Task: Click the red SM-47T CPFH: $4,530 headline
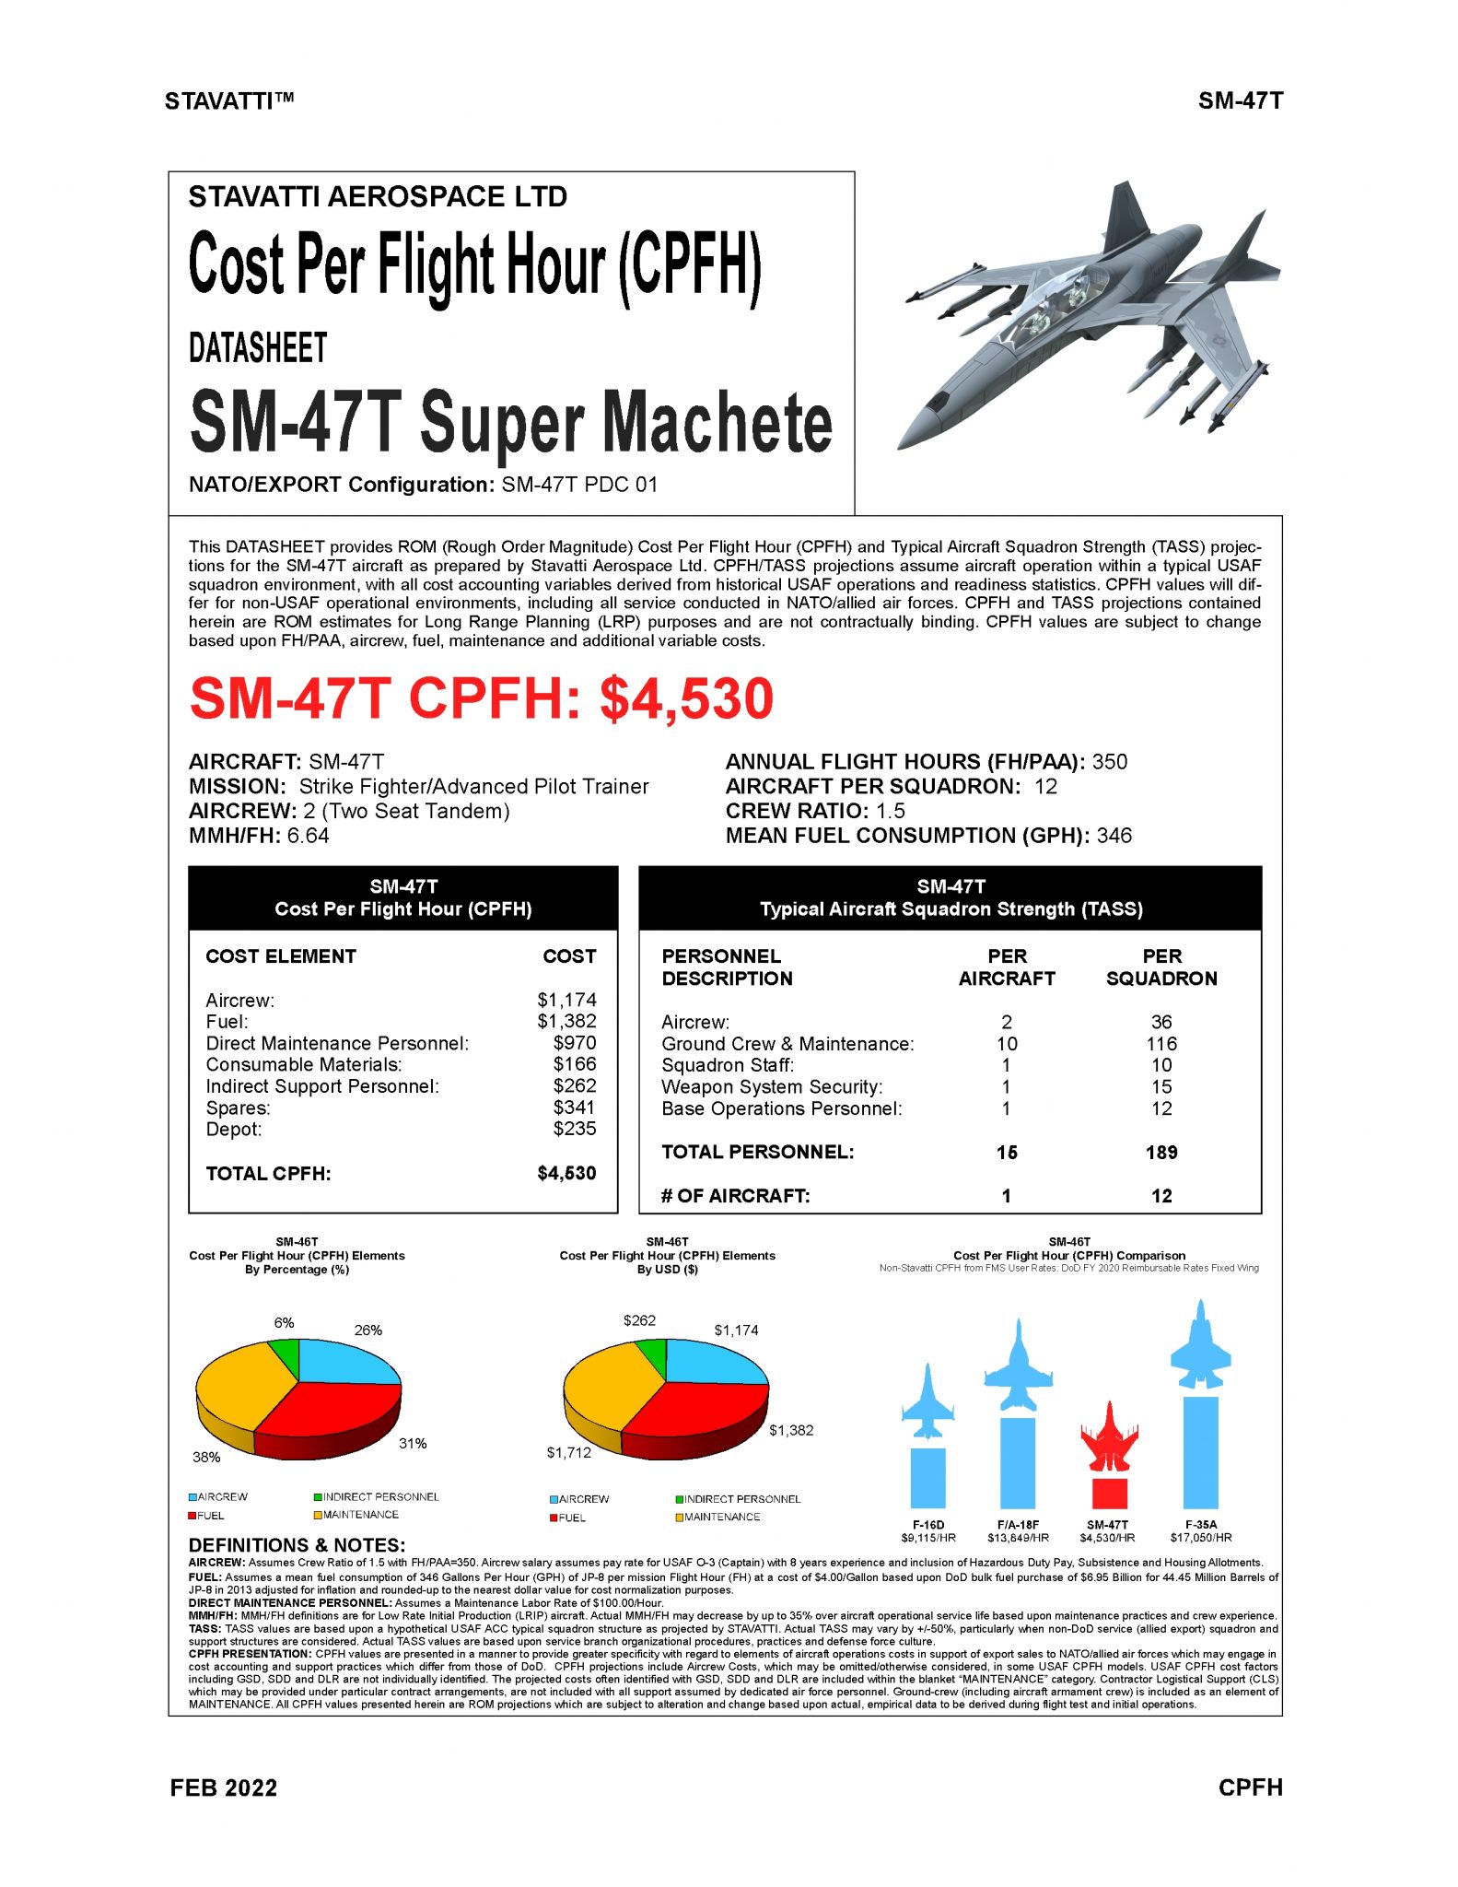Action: [481, 699]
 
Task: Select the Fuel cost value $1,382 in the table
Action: [566, 1021]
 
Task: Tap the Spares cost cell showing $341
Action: [574, 1108]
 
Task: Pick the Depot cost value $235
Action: [574, 1129]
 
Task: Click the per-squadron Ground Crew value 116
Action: [1161, 1044]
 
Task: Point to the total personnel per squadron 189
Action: [1161, 1152]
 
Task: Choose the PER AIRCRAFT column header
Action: [1007, 967]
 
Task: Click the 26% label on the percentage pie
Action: [368, 1330]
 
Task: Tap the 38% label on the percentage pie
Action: [206, 1457]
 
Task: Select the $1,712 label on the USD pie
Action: [569, 1452]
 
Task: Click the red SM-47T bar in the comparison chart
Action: [1109, 1492]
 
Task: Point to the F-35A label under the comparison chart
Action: [1201, 1525]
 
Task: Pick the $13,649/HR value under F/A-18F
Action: [1018, 1538]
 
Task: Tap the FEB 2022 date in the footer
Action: [224, 1787]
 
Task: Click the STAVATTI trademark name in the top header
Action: [229, 101]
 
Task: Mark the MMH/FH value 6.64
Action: [308, 836]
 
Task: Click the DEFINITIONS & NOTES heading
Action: [297, 1545]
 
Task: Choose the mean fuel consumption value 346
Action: [1114, 836]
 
